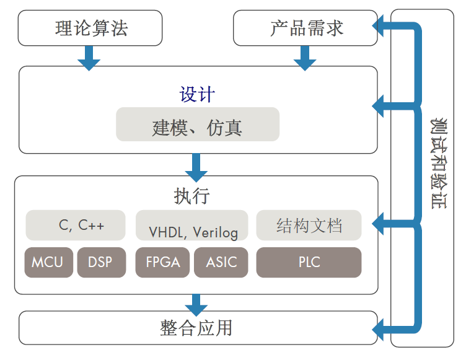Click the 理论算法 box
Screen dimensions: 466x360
click(x=90, y=28)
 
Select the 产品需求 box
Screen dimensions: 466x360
click(x=306, y=28)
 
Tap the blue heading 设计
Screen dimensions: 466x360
click(x=197, y=95)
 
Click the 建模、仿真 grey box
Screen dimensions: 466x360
click(x=198, y=125)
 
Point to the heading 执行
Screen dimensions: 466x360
click(x=191, y=196)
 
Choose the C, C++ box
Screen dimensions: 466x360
click(x=76, y=225)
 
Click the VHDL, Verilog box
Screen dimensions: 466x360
click(x=192, y=225)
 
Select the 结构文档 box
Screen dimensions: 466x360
click(x=309, y=225)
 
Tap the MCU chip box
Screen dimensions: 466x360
click(x=49, y=262)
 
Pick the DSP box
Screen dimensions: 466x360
click(x=102, y=262)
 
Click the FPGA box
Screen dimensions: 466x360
click(x=162, y=262)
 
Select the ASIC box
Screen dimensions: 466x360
click(x=221, y=262)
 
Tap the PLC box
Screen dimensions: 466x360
click(x=309, y=262)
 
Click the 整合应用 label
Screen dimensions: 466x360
click(x=196, y=328)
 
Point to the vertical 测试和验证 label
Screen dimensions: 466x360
click(x=439, y=164)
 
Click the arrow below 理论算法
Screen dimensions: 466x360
click(x=89, y=58)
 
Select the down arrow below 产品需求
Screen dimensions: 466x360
click(x=305, y=58)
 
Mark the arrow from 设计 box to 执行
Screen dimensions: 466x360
click(x=196, y=167)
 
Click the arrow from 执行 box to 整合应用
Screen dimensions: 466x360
click(x=196, y=305)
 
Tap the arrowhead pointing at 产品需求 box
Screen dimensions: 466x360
click(x=377, y=26)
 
